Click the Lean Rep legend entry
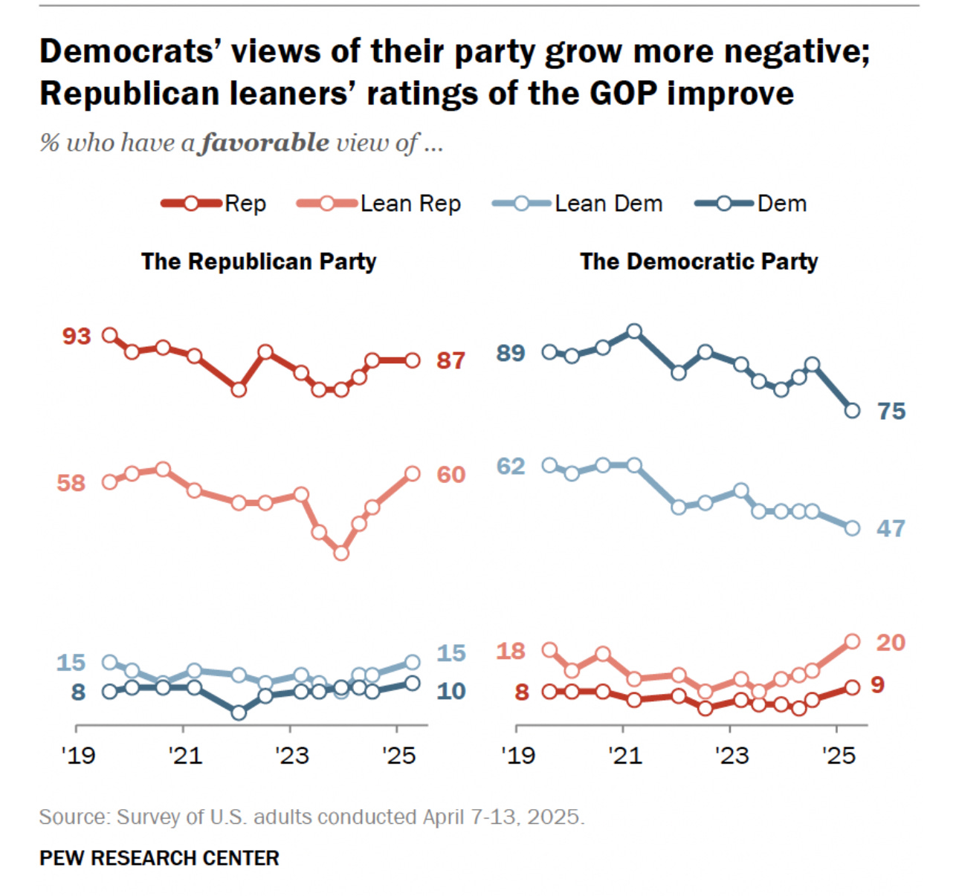(x=379, y=204)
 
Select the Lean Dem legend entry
(x=578, y=204)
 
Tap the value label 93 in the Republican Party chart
(x=76, y=337)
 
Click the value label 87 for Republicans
(x=451, y=361)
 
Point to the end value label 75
(x=891, y=412)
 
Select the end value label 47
(x=891, y=529)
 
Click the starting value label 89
(x=511, y=354)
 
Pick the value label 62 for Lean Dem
(x=511, y=467)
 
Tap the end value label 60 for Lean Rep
(x=451, y=475)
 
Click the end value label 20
(x=891, y=643)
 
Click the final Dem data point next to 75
(x=853, y=411)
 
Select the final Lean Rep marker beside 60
(x=413, y=474)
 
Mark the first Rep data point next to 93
(x=109, y=335)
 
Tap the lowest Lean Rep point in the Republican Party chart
(x=341, y=553)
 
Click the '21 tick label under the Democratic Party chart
(x=624, y=756)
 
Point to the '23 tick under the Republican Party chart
(x=291, y=756)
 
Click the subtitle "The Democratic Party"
(x=699, y=262)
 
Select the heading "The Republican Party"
(x=259, y=262)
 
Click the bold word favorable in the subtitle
(x=265, y=143)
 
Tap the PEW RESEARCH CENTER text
(x=159, y=858)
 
